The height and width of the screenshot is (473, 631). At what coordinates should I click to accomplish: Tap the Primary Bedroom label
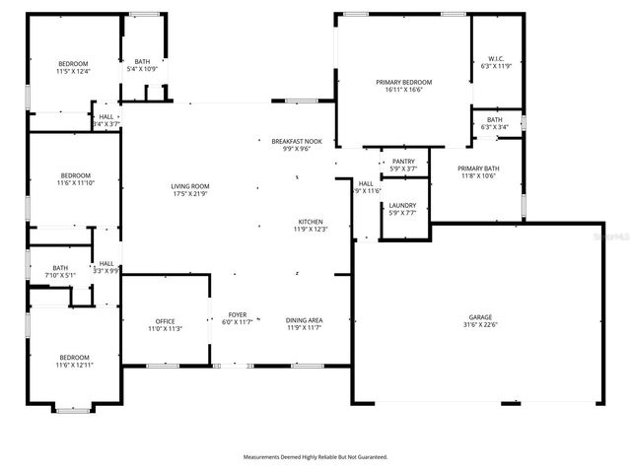tap(404, 82)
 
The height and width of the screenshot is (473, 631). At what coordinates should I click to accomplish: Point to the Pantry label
tap(403, 162)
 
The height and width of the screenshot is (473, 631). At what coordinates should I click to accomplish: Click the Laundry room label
tap(402, 206)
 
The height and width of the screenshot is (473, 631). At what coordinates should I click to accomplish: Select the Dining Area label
tap(304, 319)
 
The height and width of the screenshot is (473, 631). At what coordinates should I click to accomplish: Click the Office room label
tap(165, 322)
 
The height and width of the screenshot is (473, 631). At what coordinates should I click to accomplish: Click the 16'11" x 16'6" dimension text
tap(404, 90)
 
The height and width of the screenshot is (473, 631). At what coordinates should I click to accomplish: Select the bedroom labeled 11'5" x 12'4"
tap(73, 64)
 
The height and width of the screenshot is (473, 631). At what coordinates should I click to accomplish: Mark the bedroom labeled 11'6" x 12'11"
tap(73, 358)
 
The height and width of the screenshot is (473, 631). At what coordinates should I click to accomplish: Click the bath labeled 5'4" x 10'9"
tap(143, 61)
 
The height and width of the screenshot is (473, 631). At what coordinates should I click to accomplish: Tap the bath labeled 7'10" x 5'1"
tap(61, 268)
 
